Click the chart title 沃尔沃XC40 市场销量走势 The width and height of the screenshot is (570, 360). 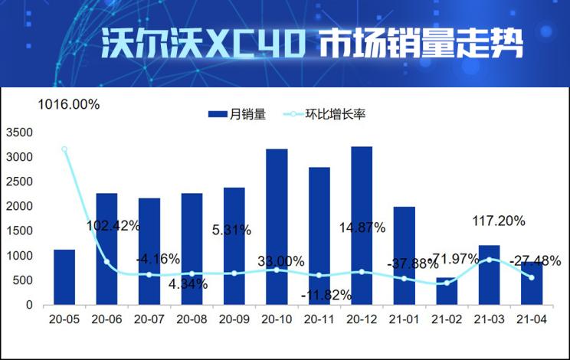(313, 44)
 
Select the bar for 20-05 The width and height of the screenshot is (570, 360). (64, 277)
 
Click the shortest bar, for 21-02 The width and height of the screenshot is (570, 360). (447, 291)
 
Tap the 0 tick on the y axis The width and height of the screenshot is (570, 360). (29, 305)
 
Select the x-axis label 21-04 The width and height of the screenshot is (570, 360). (531, 318)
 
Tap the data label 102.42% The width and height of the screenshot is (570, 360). (111, 225)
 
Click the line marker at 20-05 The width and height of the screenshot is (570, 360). (64, 149)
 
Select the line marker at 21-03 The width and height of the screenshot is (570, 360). (489, 260)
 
